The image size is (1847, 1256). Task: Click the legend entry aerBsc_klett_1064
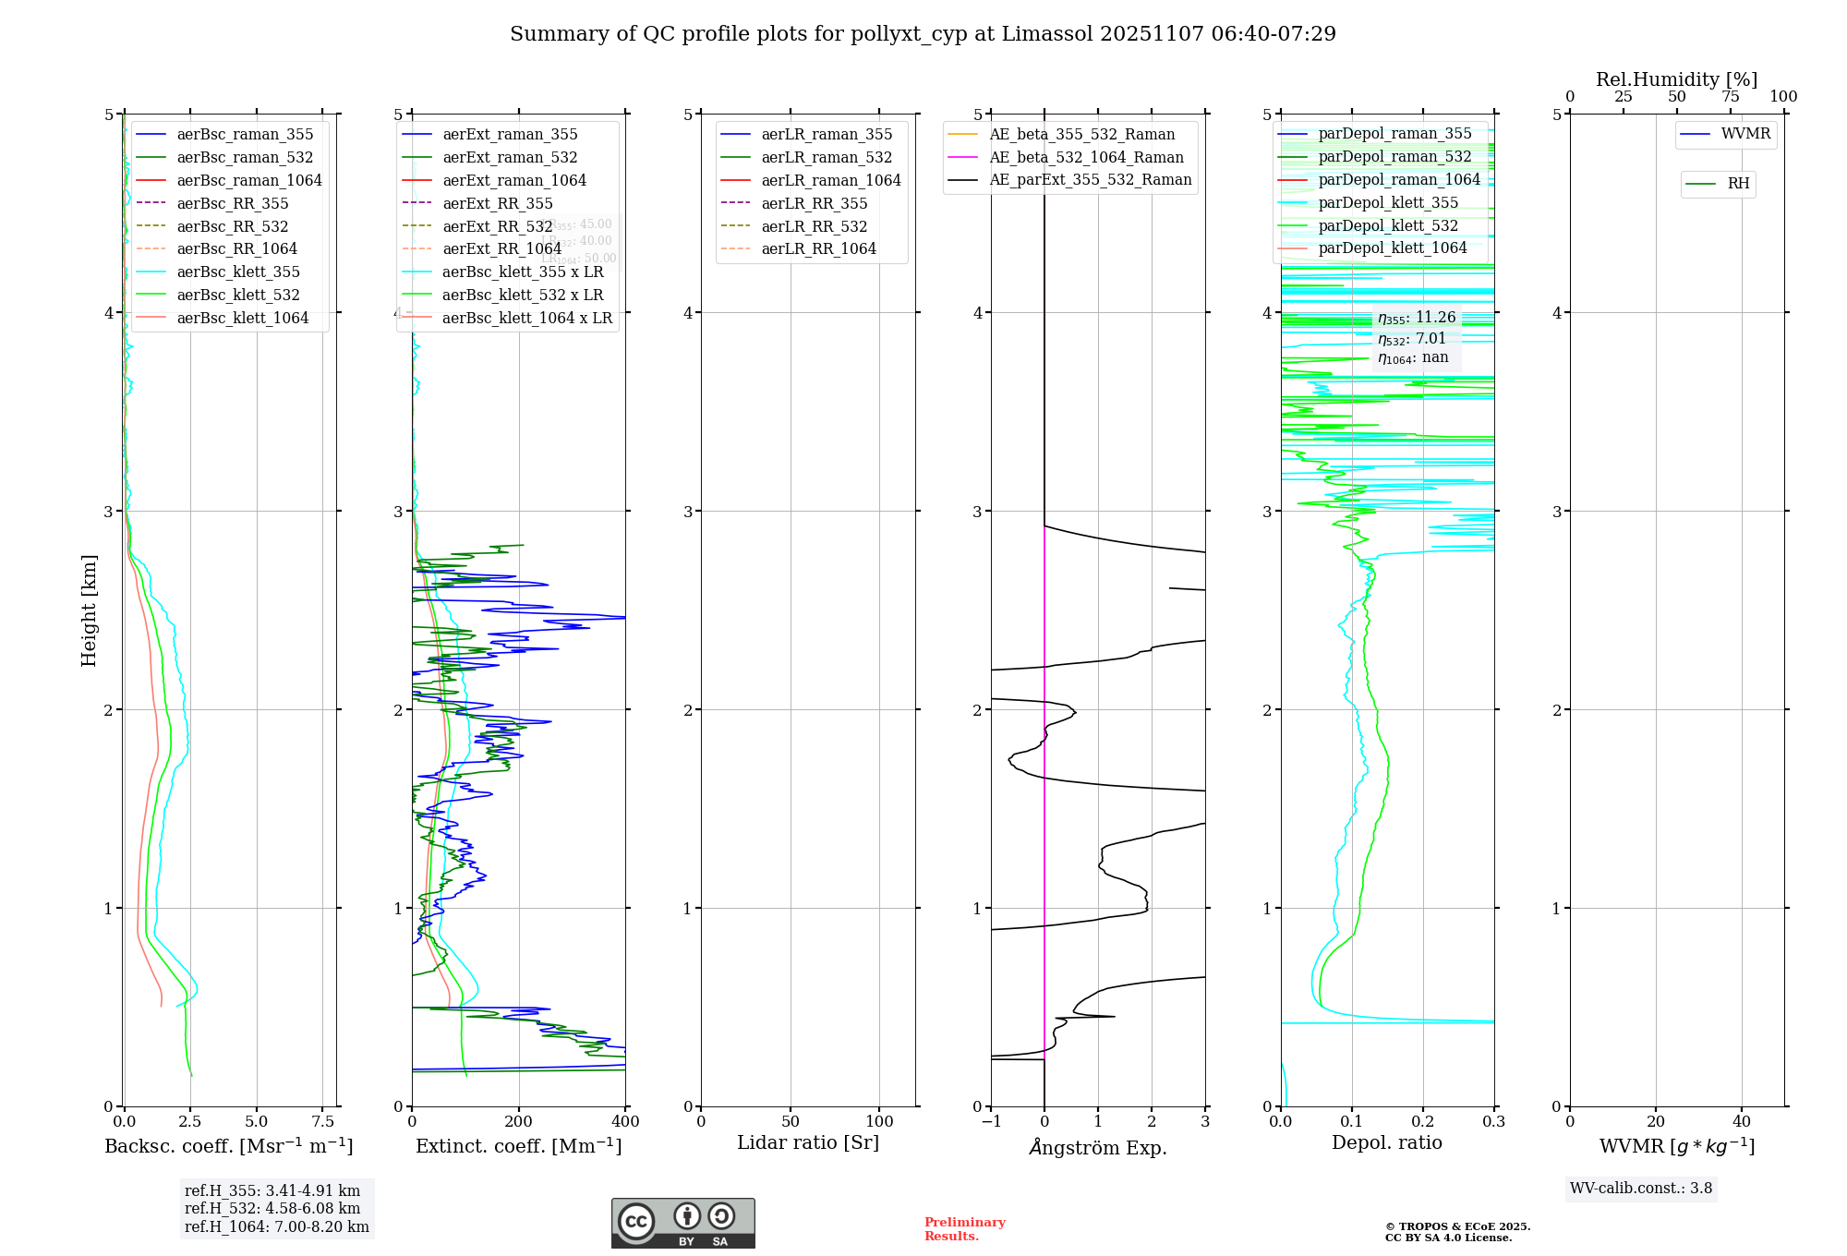click(243, 318)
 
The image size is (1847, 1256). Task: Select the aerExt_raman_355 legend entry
click(510, 135)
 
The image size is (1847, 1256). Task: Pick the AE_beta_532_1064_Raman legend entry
click(1086, 157)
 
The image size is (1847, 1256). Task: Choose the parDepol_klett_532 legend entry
click(1388, 225)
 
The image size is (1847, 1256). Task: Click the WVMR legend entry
click(1745, 134)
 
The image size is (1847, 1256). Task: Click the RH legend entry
click(1738, 184)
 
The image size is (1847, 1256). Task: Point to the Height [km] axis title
click(89, 610)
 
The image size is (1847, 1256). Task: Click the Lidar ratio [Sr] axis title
click(808, 1142)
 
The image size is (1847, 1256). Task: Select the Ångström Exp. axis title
click(1098, 1147)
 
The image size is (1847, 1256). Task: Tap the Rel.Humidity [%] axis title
click(1676, 79)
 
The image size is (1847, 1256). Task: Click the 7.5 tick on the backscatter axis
click(323, 1122)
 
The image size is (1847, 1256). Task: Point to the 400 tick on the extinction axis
click(625, 1122)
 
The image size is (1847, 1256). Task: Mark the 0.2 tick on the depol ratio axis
click(1423, 1122)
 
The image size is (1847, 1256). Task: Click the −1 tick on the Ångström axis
click(991, 1122)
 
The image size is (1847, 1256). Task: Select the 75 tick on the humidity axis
click(1731, 97)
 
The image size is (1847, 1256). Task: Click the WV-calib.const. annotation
click(1641, 1189)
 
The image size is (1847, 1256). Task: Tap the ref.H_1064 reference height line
click(277, 1226)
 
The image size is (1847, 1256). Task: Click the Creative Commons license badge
click(682, 1223)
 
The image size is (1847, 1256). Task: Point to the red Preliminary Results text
click(964, 1229)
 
